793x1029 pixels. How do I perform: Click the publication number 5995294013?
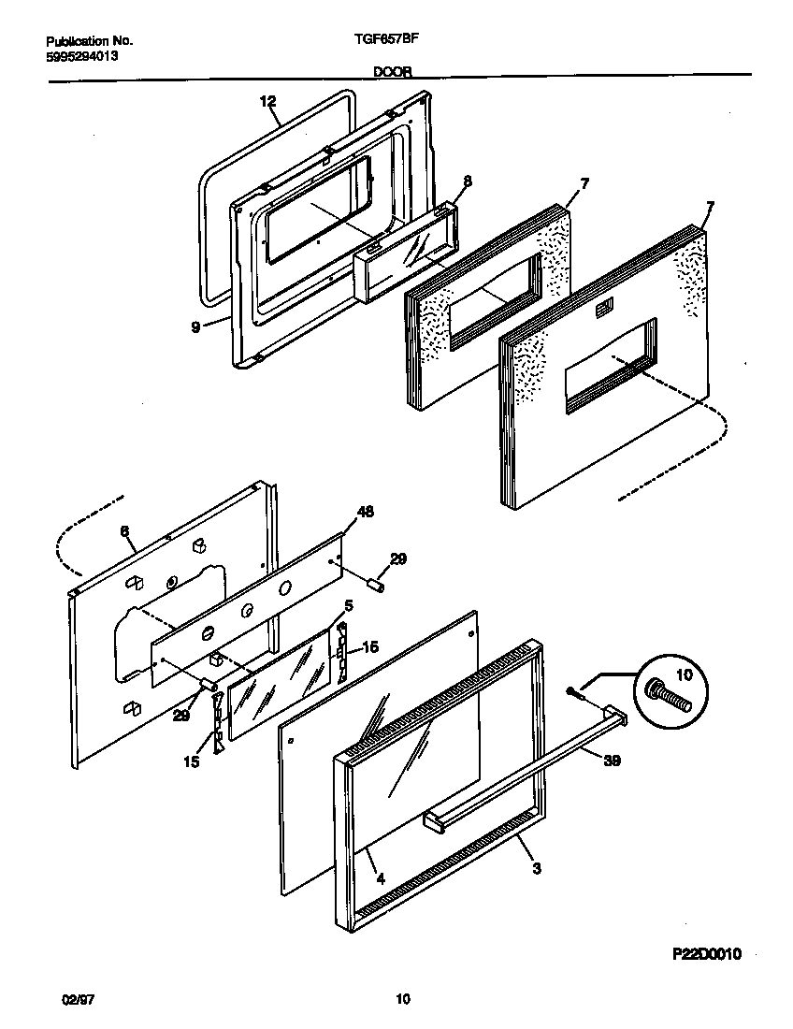pos(82,55)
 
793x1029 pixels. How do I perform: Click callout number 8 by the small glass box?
pos(468,182)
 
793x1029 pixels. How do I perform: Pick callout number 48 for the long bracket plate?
pos(365,513)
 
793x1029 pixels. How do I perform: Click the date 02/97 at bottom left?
pos(80,1000)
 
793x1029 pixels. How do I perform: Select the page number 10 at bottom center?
pos(403,1000)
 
